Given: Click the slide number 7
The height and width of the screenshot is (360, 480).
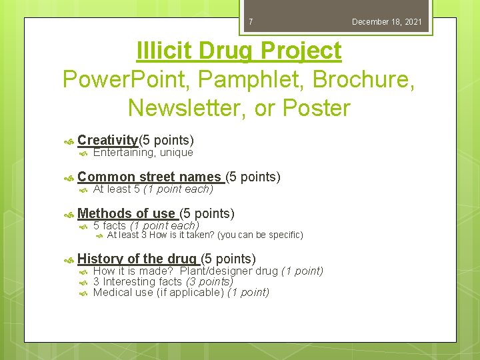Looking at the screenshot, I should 251,22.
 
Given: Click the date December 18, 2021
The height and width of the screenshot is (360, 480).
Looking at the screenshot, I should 387,22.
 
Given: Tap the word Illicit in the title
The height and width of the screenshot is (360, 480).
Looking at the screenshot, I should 163,51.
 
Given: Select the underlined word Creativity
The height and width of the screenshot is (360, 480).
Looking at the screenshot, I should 107,140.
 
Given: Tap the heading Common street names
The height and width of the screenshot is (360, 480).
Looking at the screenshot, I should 149,177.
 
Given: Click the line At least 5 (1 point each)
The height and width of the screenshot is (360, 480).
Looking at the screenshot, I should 153,189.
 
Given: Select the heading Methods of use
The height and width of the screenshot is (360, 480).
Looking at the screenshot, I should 127,213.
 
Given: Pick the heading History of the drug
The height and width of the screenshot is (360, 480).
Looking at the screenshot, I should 137,259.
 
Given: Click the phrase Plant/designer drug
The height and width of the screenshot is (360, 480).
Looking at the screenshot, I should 229,271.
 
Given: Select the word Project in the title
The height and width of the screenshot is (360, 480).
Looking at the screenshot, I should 302,51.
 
